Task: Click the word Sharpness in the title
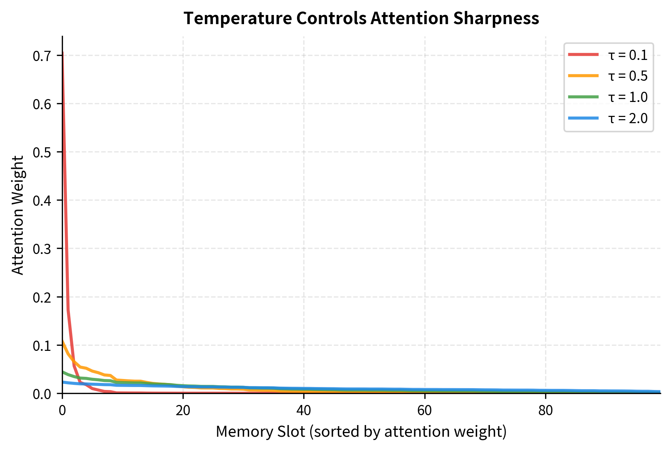pos(496,18)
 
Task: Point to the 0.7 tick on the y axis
pos(42,56)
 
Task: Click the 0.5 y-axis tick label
pos(42,152)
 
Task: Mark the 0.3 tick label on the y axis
pos(42,249)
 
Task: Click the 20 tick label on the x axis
pos(183,411)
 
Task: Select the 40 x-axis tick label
pos(304,411)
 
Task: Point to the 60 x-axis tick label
pos(424,411)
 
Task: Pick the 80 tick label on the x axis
pos(546,411)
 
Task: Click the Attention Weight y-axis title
pos(18,215)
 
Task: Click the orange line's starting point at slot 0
pos(63,341)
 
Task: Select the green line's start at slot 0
pos(63,372)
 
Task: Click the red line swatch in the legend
pos(583,55)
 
